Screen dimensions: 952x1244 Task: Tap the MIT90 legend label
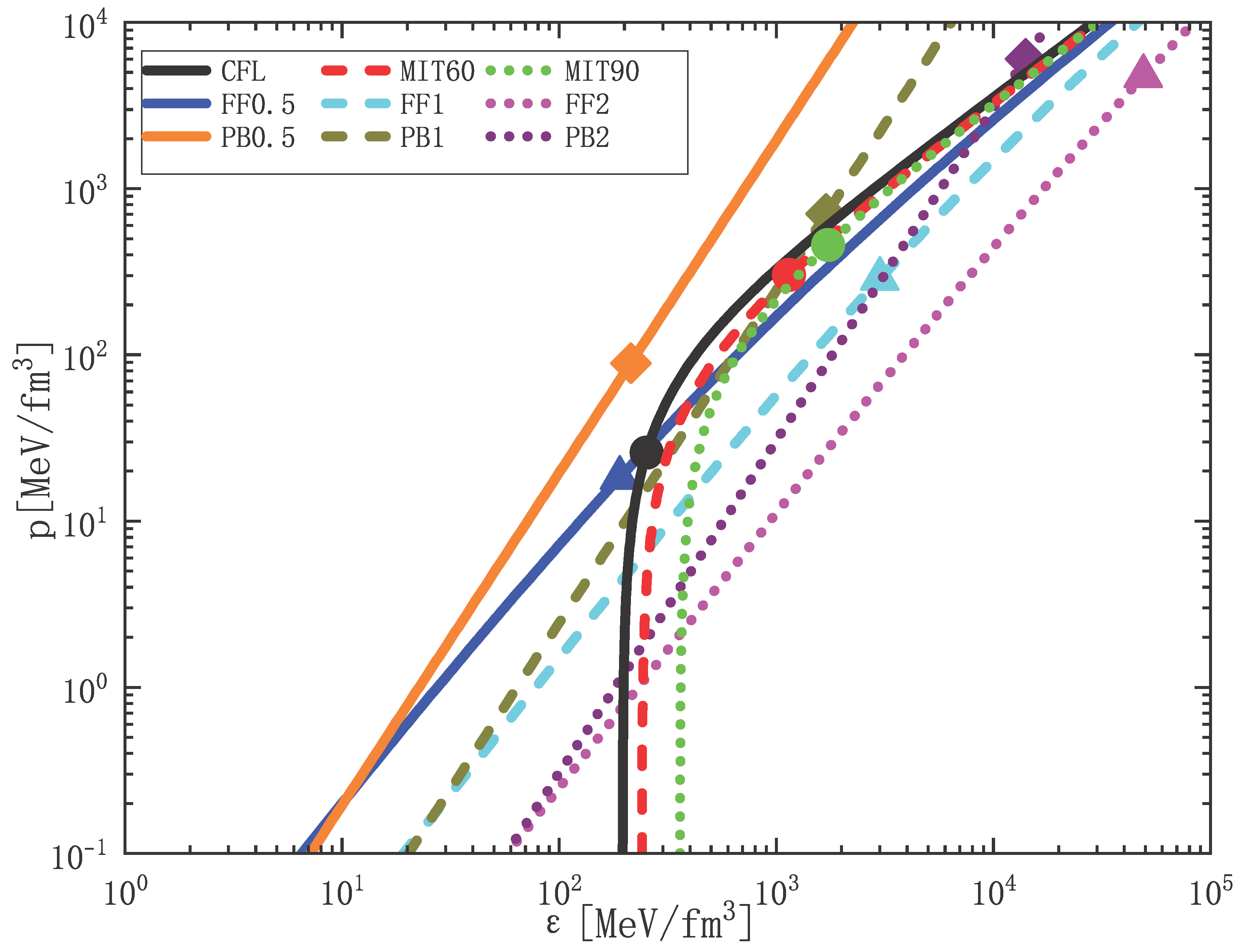602,71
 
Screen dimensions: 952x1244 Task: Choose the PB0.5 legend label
258,138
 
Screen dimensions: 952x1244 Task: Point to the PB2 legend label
587,138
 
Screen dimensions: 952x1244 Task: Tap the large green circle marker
828,245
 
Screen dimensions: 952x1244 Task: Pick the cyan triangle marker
879,276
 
